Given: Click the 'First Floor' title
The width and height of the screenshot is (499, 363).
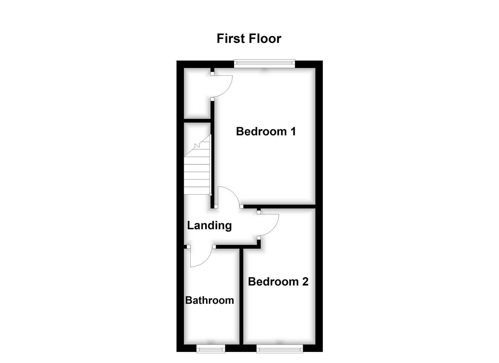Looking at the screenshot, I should [x=249, y=38].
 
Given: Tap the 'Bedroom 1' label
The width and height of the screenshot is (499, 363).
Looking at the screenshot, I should [x=266, y=131].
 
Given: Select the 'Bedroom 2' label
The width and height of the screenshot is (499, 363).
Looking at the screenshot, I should [x=278, y=281].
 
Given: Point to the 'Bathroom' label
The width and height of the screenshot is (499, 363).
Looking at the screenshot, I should [x=209, y=300].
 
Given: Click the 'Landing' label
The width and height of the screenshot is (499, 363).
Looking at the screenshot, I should [x=209, y=225].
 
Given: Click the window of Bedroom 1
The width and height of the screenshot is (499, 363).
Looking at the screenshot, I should [x=264, y=63].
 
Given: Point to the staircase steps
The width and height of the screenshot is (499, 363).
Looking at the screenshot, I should [x=197, y=171].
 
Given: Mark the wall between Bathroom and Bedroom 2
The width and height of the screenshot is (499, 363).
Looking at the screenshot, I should [x=241, y=296].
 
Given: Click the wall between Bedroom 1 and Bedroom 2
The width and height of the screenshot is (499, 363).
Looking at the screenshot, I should [x=279, y=206].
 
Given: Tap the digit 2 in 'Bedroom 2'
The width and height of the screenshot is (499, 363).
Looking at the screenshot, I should [x=305, y=281].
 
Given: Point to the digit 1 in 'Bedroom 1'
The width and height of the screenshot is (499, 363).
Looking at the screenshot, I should [x=293, y=131].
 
